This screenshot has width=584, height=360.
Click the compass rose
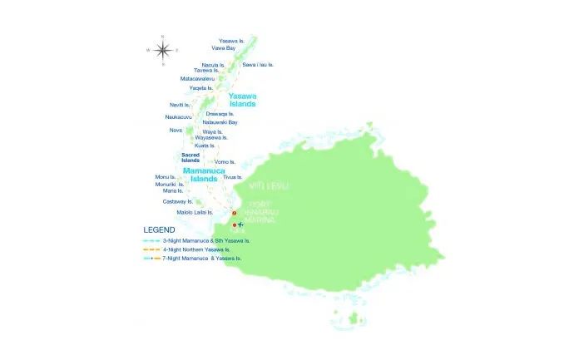(x=162, y=50)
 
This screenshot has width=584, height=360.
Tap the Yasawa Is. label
(x=231, y=40)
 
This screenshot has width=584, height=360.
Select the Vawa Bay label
(x=223, y=48)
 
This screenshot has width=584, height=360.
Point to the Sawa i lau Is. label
(x=257, y=64)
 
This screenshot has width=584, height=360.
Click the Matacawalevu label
(x=197, y=79)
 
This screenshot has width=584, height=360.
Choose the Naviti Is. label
(x=181, y=105)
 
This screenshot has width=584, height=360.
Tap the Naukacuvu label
(x=181, y=117)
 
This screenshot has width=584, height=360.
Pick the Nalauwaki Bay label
(x=220, y=122)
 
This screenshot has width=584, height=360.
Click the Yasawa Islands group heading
(x=243, y=100)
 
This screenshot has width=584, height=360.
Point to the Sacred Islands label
(x=191, y=157)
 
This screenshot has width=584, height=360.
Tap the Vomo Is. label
(x=225, y=161)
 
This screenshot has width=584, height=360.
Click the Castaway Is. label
(x=177, y=201)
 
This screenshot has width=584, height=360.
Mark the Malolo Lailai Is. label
(x=189, y=212)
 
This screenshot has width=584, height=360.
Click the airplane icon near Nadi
(x=241, y=224)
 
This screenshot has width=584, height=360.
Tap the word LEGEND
(x=159, y=229)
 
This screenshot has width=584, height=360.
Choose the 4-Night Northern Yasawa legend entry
(x=196, y=249)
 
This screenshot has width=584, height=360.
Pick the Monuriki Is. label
(x=171, y=184)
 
